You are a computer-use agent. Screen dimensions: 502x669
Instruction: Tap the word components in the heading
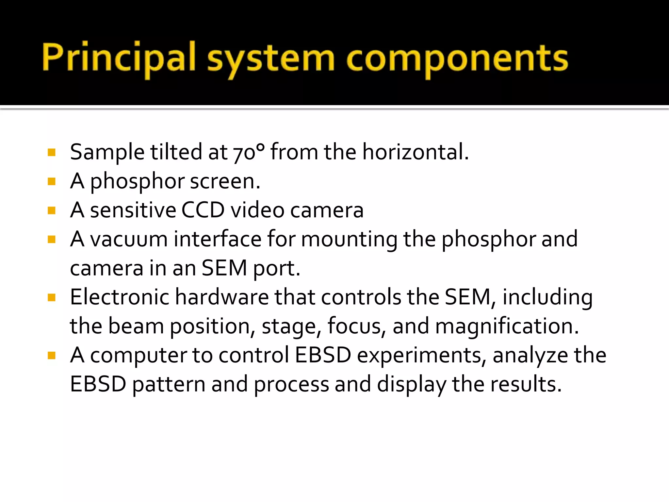coord(457,59)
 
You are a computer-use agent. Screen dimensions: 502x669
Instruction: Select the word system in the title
coord(271,59)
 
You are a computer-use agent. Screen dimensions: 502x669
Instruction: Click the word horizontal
coord(416,152)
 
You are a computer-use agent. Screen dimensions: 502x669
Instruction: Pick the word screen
coord(225,181)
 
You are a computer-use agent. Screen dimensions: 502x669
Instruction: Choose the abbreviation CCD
coord(203,210)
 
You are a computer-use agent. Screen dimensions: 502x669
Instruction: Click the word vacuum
coord(129,239)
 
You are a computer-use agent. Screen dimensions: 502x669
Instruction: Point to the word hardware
coord(222,297)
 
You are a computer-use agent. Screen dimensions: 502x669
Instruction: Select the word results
coord(526,384)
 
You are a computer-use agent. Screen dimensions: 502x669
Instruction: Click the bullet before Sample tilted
coord(52,152)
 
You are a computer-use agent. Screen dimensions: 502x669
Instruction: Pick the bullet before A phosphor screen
coord(52,181)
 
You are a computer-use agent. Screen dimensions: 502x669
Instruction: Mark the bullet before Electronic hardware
coord(52,297)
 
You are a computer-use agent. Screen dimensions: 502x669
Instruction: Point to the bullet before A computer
coord(52,355)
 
